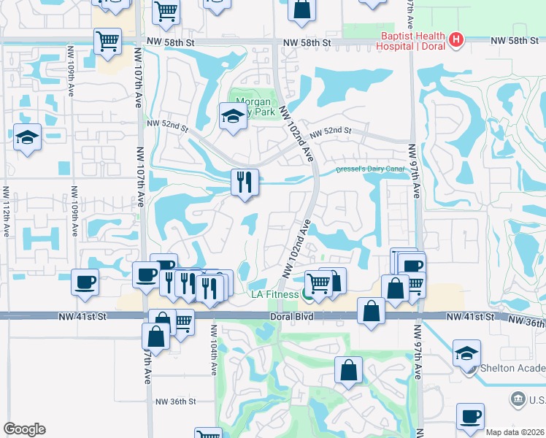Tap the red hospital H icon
(x=457, y=39)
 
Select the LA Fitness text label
(x=274, y=294)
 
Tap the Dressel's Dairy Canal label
(x=369, y=169)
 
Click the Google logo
(x=24, y=429)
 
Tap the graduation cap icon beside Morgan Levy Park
(x=233, y=116)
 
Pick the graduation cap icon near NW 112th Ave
(x=27, y=137)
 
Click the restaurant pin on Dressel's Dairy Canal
(x=245, y=182)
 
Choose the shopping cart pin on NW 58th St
(x=107, y=41)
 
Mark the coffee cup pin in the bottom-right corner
(x=470, y=416)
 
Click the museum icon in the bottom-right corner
(x=518, y=399)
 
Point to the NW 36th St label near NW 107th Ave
(x=176, y=401)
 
